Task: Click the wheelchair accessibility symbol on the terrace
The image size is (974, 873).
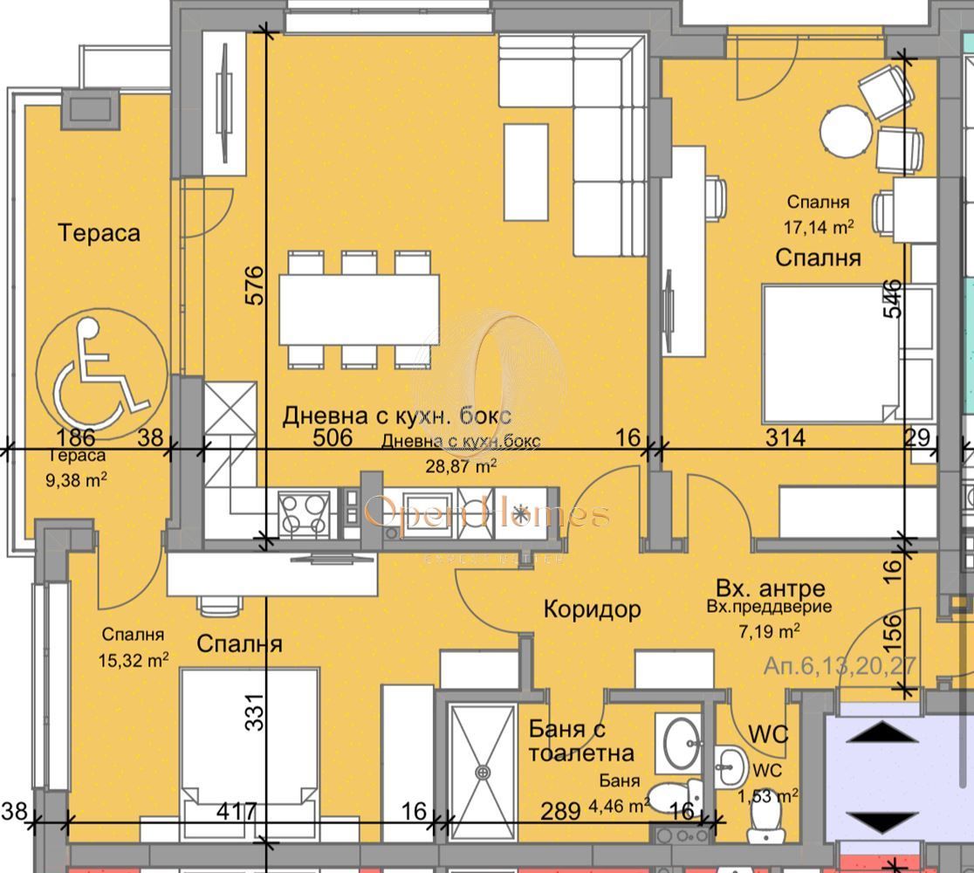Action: click(98, 368)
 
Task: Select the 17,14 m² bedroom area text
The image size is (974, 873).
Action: click(819, 228)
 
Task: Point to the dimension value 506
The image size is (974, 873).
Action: click(333, 437)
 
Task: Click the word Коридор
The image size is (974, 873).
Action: click(592, 608)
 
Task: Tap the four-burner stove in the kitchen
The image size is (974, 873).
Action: click(304, 511)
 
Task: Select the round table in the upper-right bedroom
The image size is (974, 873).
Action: click(846, 129)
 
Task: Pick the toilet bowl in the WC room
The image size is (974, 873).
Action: click(765, 821)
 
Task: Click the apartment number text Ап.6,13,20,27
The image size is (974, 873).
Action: click(840, 666)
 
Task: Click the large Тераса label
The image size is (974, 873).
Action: click(99, 233)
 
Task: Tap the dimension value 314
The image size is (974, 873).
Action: click(785, 437)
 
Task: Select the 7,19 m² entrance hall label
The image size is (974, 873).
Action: click(772, 629)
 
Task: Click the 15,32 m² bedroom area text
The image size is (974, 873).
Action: click(134, 660)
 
